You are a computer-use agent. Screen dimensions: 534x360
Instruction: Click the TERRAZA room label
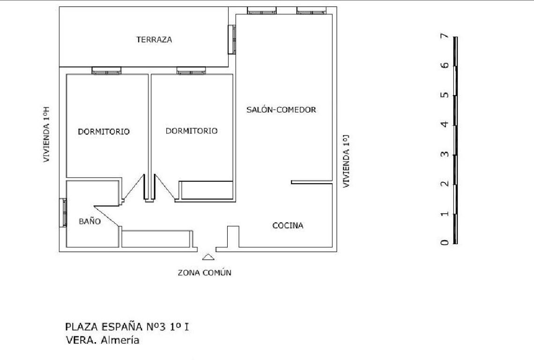coord(154,39)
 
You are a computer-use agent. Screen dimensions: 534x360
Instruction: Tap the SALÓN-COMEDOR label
coord(282,109)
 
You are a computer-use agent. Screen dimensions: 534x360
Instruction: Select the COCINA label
coord(288,225)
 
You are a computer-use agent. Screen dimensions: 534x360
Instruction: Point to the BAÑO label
coord(89,221)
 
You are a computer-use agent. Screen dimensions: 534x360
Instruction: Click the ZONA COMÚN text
coord(204,273)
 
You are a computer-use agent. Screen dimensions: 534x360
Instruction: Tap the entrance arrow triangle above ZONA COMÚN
coord(208,257)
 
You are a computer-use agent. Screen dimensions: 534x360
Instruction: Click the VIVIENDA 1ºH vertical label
coord(46,135)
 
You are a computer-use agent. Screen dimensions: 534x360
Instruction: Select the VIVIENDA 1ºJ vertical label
coord(346,161)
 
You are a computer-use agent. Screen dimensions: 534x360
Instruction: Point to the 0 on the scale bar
coord(445,242)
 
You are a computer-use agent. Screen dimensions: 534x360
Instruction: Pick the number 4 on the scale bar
coord(445,124)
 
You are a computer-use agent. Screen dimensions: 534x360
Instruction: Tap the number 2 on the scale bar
coord(445,184)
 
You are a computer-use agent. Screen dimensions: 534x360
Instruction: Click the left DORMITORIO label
coord(104,131)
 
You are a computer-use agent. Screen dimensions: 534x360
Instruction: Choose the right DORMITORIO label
coord(192,131)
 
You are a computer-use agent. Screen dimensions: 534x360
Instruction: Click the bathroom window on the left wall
coord(63,212)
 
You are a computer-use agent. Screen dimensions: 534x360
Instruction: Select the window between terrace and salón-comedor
coord(232,39)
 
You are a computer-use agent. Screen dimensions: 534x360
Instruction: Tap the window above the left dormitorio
coord(107,71)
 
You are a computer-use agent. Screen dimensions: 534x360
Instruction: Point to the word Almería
coord(120,340)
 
